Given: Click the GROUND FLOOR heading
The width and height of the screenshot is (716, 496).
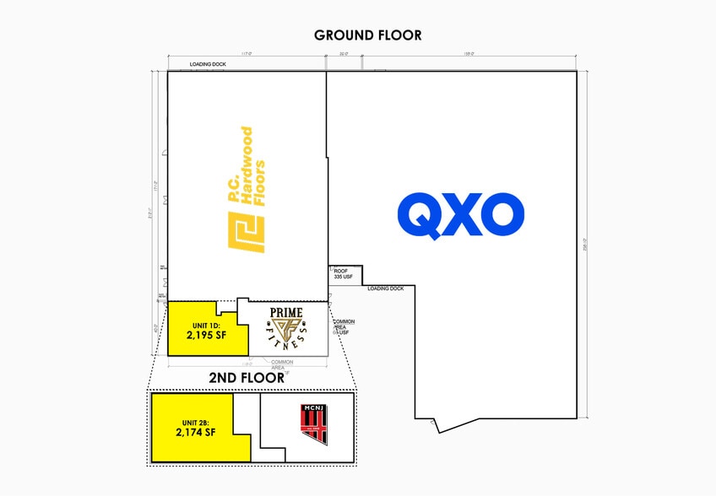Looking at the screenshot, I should click(x=367, y=35).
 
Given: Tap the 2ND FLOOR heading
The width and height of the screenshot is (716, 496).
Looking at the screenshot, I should click(x=247, y=378).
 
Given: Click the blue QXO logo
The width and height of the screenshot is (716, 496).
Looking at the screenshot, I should click(x=461, y=215).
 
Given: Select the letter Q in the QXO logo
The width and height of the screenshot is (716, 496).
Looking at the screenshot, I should click(x=420, y=216).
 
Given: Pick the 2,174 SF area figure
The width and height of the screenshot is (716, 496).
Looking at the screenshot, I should click(x=196, y=432).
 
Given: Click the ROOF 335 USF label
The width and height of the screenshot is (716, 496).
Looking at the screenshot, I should click(x=342, y=272).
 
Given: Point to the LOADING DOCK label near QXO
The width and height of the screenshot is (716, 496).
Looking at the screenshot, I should click(x=386, y=288).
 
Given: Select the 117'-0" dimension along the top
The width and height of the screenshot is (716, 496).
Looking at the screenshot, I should click(x=247, y=54).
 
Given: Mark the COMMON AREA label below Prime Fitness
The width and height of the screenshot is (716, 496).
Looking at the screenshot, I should click(x=282, y=365).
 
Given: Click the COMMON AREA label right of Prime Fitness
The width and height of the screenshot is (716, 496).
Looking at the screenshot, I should click(x=344, y=326).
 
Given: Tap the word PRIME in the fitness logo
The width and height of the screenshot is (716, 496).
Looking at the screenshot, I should click(x=285, y=313).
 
